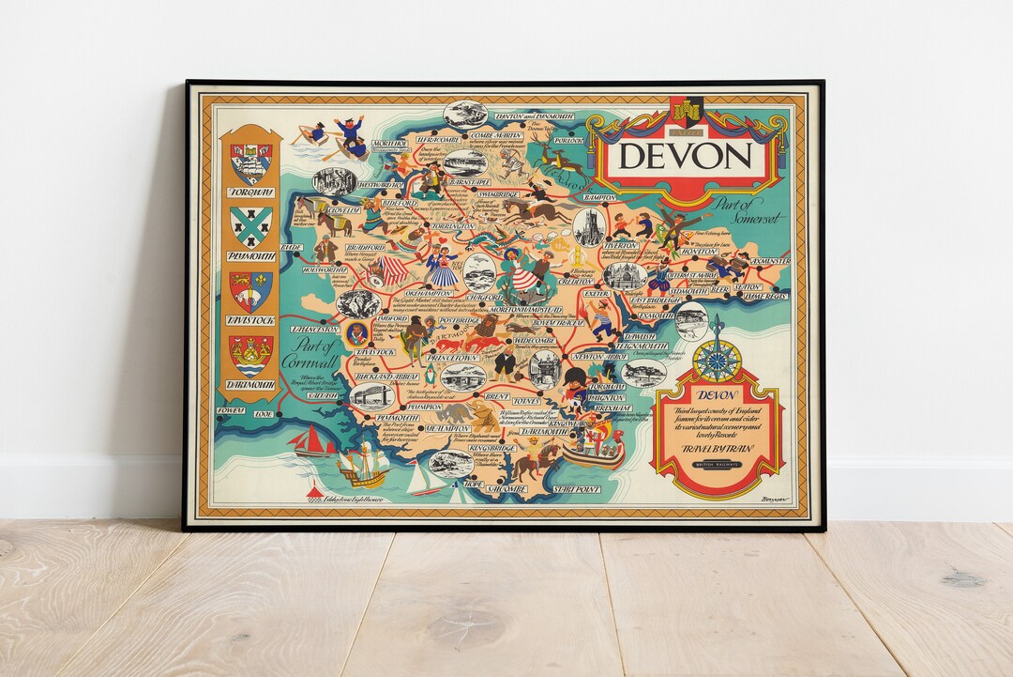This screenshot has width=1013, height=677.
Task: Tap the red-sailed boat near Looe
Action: [313, 441]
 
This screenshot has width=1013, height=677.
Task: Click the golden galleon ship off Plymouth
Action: [362, 464]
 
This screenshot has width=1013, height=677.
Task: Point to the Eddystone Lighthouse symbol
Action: [315, 491]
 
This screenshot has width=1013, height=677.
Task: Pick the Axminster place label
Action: [766, 261]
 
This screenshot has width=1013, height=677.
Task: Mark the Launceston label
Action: [314, 330]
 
